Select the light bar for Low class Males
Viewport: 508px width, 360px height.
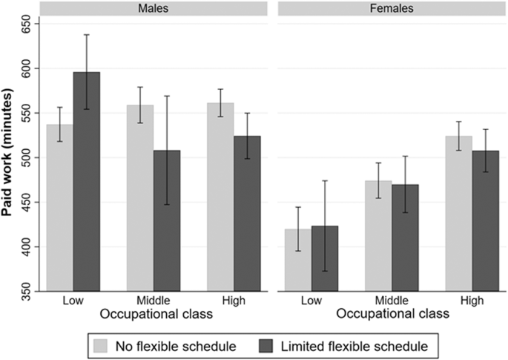click(x=59, y=208)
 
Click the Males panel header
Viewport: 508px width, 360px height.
click(x=153, y=9)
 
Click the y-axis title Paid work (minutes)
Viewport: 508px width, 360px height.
click(x=10, y=158)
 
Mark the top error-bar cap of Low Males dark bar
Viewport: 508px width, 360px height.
click(x=86, y=34)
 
